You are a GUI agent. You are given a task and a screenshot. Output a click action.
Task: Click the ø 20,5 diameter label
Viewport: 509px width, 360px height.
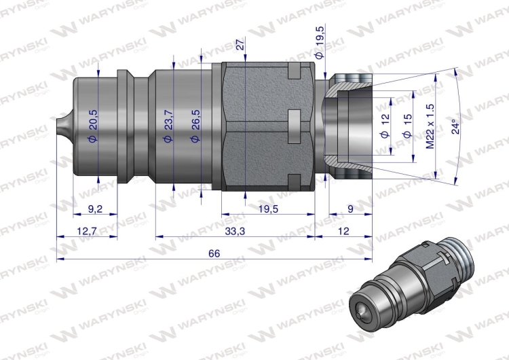click(x=93, y=126)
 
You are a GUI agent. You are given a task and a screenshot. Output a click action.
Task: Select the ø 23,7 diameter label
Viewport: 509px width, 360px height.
click(x=168, y=126)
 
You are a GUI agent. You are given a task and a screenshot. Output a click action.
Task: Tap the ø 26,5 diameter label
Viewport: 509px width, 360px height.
click(x=195, y=126)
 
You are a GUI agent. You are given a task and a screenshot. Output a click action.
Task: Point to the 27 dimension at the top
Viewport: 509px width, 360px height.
click(x=240, y=44)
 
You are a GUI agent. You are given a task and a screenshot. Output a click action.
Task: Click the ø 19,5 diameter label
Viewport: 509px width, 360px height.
click(x=320, y=43)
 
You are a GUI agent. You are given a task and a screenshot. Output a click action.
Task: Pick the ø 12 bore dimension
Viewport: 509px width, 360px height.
click(x=385, y=126)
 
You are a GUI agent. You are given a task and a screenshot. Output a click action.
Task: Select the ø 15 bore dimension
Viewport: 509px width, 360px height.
click(x=408, y=126)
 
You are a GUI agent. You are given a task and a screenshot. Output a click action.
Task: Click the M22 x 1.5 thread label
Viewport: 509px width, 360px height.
click(x=430, y=126)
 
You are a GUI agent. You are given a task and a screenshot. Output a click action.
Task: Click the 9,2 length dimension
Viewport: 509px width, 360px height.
click(x=95, y=209)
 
